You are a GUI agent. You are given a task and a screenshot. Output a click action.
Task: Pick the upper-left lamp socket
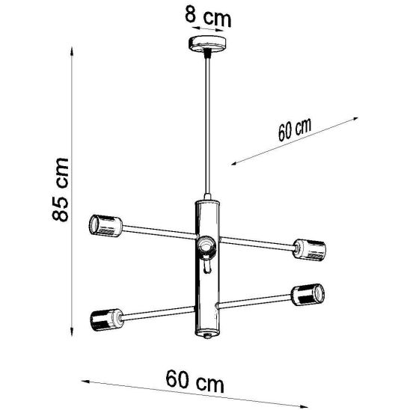[x=104, y=224]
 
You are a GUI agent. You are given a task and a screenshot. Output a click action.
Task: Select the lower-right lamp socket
[x=307, y=294]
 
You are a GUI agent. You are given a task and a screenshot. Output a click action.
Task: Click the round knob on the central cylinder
[x=205, y=245]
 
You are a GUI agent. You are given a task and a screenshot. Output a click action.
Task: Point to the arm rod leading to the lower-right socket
[x=254, y=301]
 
